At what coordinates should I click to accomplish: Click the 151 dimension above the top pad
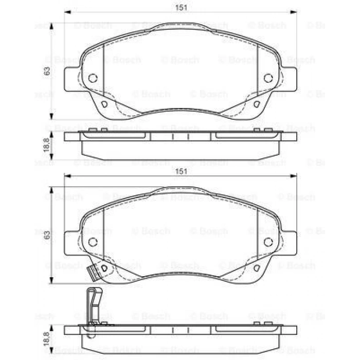(x=180, y=7)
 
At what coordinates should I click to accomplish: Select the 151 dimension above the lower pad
(x=180, y=171)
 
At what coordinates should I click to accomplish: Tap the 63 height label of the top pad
(x=47, y=71)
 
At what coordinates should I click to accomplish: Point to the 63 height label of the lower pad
(x=47, y=235)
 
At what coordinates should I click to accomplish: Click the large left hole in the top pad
(x=93, y=78)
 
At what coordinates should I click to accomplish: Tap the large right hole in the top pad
(x=267, y=78)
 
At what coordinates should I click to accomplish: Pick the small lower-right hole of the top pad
(x=256, y=105)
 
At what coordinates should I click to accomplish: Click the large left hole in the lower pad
(x=93, y=242)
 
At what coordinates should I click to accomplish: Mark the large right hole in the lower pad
(x=267, y=242)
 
